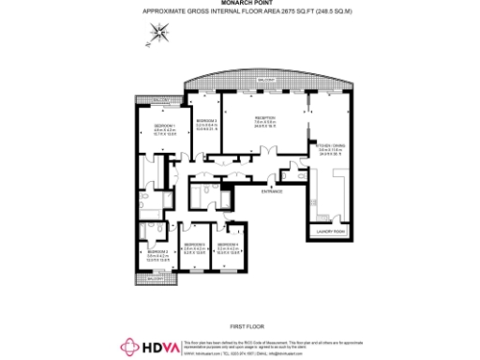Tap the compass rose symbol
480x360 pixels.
coord(160,34)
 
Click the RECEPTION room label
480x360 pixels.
coord(263,117)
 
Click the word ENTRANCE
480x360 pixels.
coord(272,191)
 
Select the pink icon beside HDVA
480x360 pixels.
coord(128,347)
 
